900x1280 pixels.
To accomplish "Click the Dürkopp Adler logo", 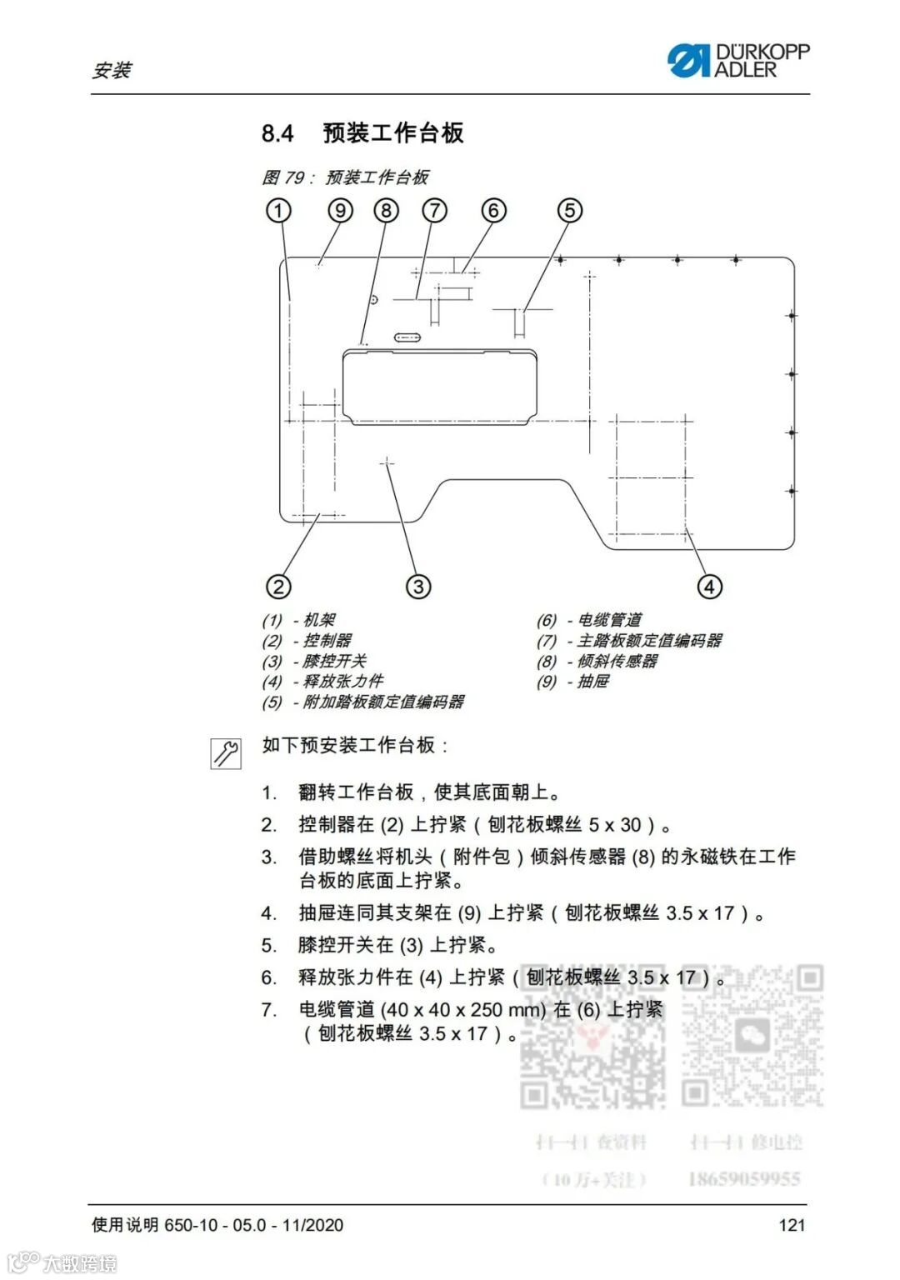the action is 737,61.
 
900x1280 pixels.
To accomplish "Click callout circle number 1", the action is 278,210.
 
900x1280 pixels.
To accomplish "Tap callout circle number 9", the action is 340,210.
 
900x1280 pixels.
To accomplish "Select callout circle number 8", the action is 386,210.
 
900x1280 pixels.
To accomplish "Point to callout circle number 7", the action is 434,210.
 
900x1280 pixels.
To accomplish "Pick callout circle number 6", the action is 493,210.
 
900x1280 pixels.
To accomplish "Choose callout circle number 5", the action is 570,210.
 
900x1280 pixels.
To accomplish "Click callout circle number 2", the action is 278,587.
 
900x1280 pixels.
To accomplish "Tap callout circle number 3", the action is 418,587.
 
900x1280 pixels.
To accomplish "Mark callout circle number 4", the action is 709,587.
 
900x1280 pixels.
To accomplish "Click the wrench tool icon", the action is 226,752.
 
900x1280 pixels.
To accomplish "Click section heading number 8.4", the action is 277,133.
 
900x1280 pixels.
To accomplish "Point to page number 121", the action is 792,1224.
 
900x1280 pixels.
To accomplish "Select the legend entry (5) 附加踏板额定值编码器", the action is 363,702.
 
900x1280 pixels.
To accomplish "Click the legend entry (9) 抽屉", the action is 572,682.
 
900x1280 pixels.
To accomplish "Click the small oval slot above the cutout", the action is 407,337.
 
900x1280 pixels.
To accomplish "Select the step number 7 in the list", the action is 268,1010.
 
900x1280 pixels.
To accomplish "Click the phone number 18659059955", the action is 743,1179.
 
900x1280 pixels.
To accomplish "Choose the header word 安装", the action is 112,70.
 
